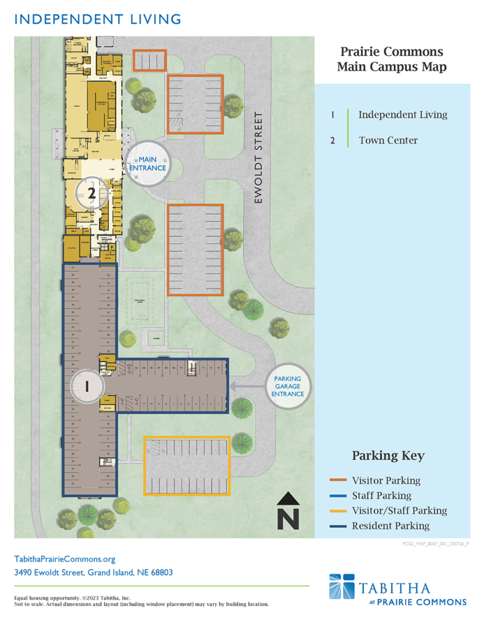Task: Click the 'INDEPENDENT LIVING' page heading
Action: pos(97,19)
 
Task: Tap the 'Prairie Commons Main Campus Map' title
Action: pos(392,59)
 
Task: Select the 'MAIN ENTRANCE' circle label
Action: pos(147,163)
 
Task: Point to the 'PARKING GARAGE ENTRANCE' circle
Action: pos(288,386)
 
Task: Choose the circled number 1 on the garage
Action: pos(87,386)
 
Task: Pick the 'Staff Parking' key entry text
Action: pos(381,495)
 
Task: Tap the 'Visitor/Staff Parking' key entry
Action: pos(399,510)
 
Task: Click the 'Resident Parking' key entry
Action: pos(390,525)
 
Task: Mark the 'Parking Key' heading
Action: pos(388,456)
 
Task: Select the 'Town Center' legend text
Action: pos(388,140)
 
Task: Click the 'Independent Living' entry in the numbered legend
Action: pos(403,115)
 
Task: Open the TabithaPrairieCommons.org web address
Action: pos(64,559)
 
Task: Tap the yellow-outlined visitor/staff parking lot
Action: pos(187,465)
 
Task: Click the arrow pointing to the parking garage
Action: pos(248,386)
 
